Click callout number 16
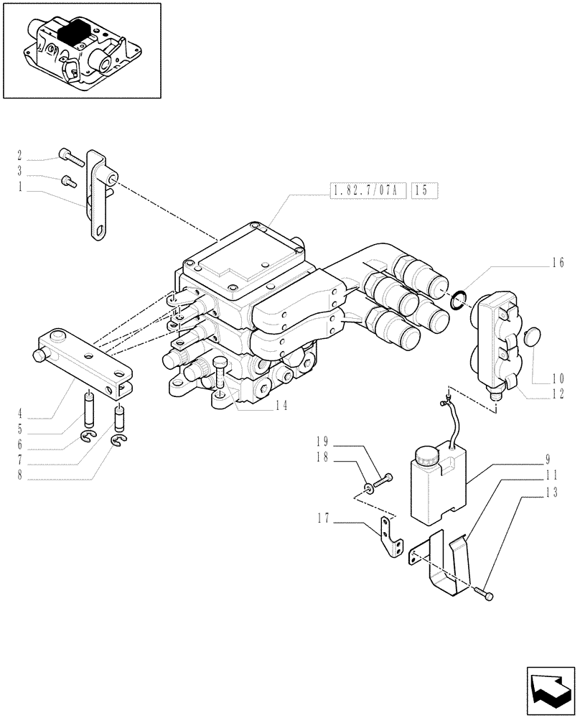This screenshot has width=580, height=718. pyautogui.click(x=558, y=262)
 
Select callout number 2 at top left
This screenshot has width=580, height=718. pyautogui.click(x=20, y=155)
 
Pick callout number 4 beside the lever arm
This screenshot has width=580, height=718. pyautogui.click(x=20, y=414)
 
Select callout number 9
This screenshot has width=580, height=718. pyautogui.click(x=547, y=457)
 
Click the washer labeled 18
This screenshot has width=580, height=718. pyautogui.click(x=368, y=488)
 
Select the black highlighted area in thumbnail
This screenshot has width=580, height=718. pyautogui.click(x=74, y=32)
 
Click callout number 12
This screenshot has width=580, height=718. pyautogui.click(x=558, y=393)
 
